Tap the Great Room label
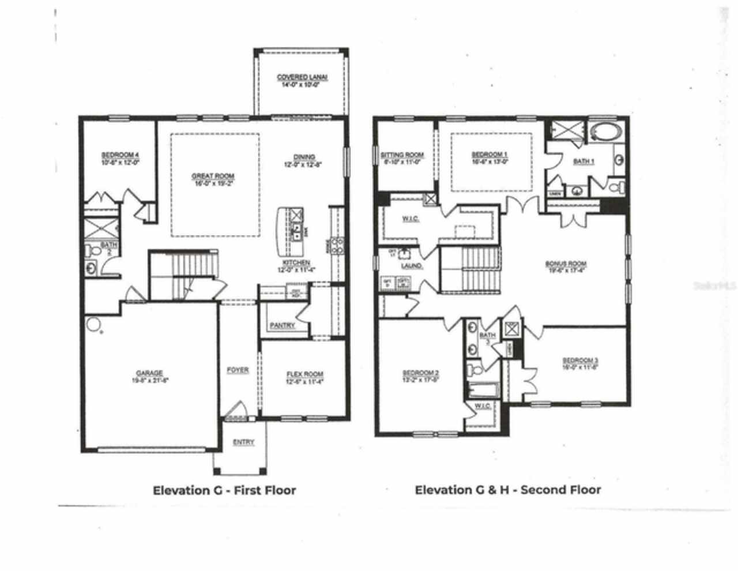[x=213, y=176]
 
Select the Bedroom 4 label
[x=120, y=155]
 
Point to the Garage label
[x=149, y=373]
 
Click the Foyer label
[x=238, y=370]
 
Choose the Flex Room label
[x=305, y=374]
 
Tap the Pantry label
[x=283, y=325]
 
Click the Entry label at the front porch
[x=243, y=442]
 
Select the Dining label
[x=304, y=157]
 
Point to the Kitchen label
[x=296, y=263]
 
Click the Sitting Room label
[x=402, y=155]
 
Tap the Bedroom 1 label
[x=490, y=155]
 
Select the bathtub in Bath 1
[x=605, y=132]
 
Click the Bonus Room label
[x=566, y=264]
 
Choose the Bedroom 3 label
[x=578, y=360]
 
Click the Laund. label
[x=412, y=266]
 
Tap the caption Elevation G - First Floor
[x=224, y=490]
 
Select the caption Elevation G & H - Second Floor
[x=508, y=490]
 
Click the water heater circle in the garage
[x=93, y=324]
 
